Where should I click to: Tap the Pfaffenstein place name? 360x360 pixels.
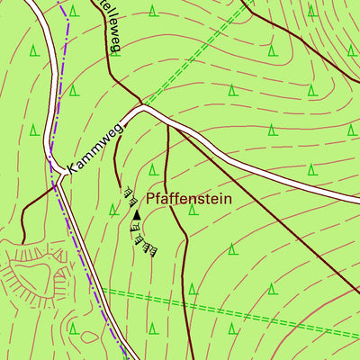189,198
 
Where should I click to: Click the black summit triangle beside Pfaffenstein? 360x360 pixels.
136,215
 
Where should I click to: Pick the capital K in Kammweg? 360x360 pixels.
72,168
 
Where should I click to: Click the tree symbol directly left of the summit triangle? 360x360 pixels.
112,209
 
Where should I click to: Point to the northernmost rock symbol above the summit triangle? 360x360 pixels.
125,190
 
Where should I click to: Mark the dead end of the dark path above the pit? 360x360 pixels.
22,241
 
